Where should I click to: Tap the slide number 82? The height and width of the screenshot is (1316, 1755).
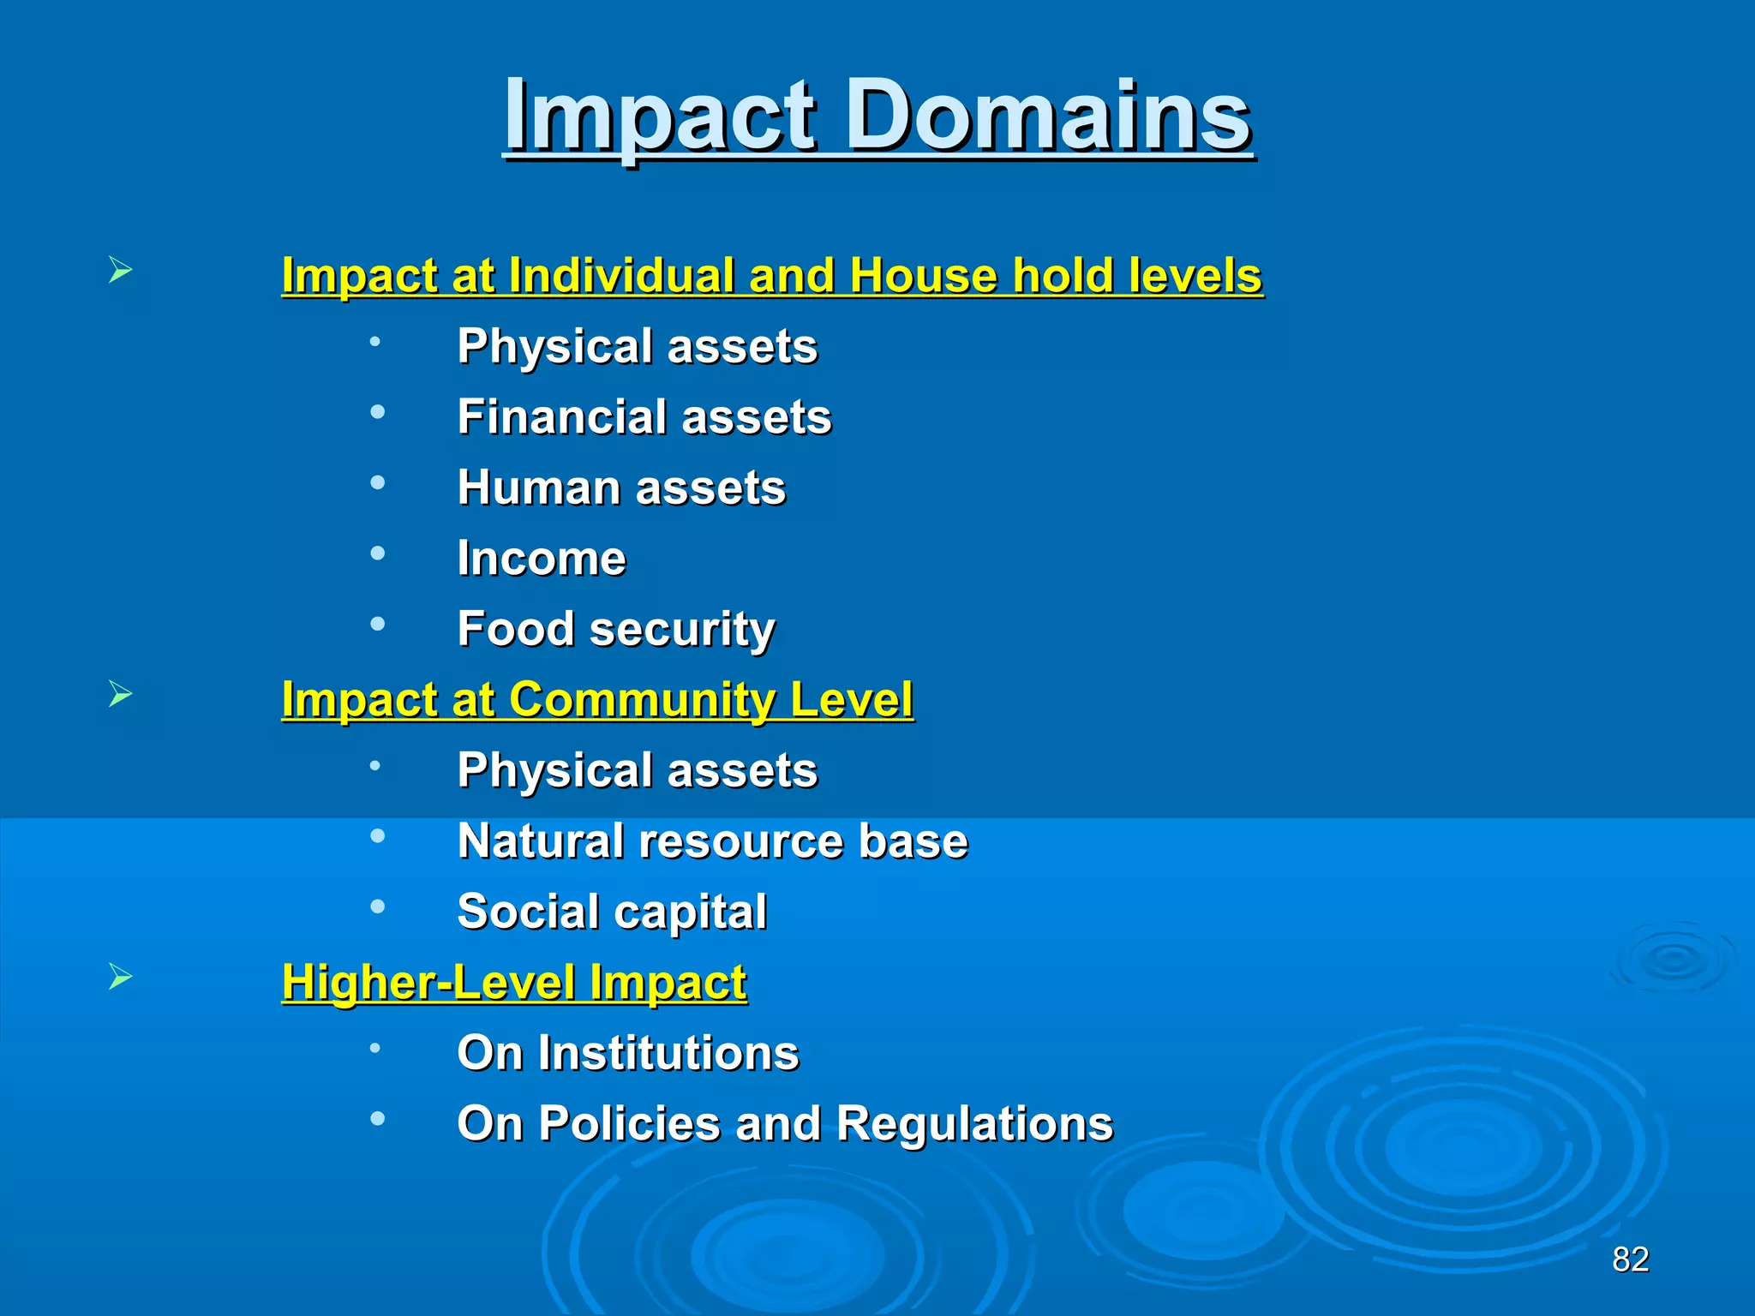click(x=1630, y=1259)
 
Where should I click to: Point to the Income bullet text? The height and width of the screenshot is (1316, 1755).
click(x=542, y=559)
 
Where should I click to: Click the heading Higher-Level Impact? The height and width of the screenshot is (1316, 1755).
click(x=514, y=982)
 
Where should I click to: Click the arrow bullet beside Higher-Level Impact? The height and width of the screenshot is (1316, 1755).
click(x=121, y=976)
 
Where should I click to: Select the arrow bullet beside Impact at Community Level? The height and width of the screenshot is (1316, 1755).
click(x=121, y=693)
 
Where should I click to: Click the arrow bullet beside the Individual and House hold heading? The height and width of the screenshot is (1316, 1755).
click(x=121, y=271)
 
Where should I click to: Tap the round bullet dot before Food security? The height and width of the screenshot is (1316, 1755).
click(x=377, y=624)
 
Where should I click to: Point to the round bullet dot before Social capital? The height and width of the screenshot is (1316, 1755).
click(x=377, y=906)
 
